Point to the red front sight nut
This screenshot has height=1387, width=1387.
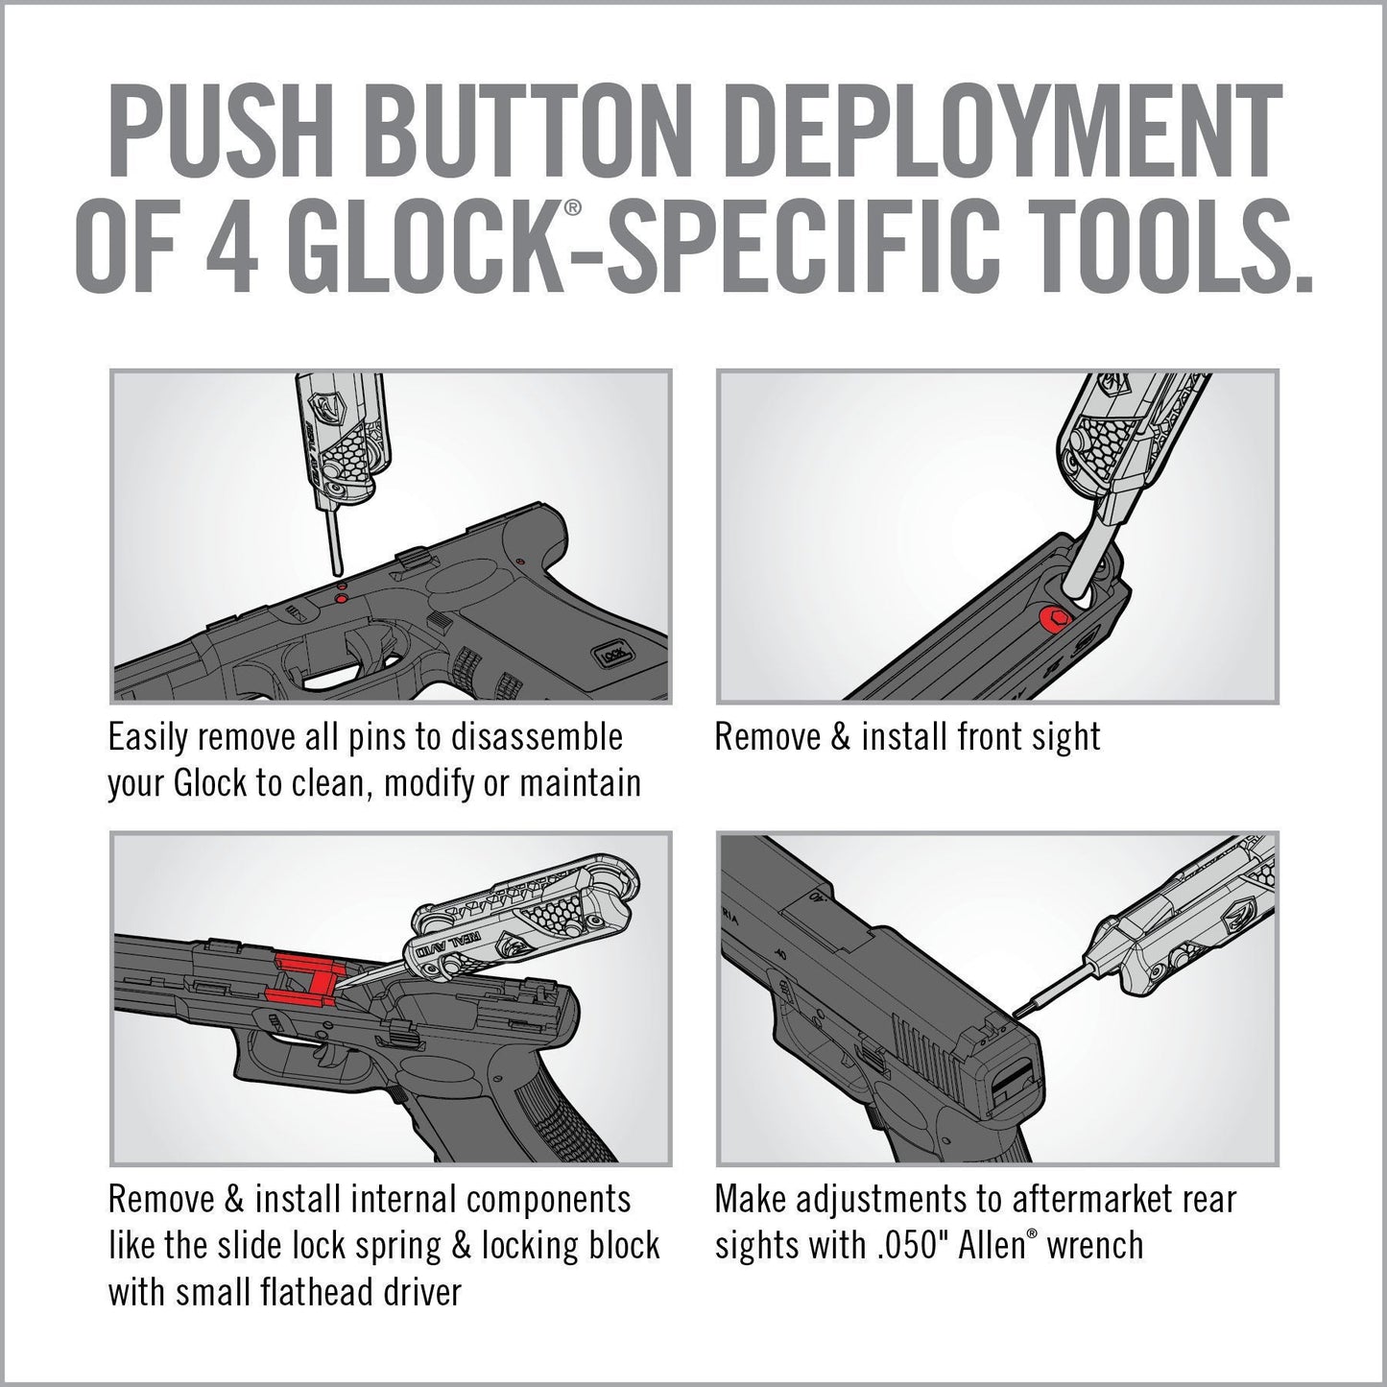pos(1051,620)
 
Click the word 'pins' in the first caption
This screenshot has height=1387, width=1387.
pos(375,738)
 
